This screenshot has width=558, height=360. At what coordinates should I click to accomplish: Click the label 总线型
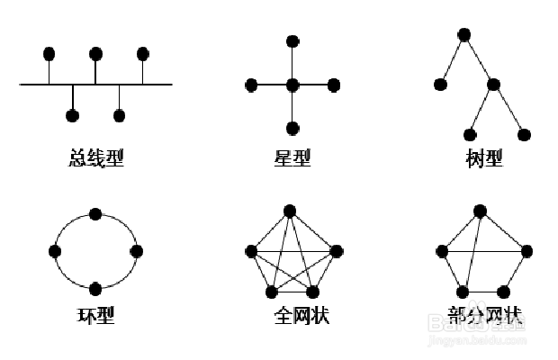click(95, 158)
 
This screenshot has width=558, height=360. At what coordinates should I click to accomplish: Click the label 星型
click(292, 158)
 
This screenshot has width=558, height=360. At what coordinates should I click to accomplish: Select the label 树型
click(484, 158)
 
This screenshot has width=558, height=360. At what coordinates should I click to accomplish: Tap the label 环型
click(96, 316)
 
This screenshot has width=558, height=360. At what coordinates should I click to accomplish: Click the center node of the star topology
click(292, 85)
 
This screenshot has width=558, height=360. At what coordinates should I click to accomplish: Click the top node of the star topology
click(292, 41)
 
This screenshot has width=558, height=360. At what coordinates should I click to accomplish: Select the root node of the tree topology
click(464, 34)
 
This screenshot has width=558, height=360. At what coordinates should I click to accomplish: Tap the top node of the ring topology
click(95, 213)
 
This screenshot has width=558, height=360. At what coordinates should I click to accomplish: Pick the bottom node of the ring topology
click(95, 288)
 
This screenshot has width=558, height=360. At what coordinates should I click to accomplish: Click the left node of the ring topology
click(56, 251)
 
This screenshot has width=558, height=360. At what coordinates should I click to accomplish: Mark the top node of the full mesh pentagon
click(289, 211)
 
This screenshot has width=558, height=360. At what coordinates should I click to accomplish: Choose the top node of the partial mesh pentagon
click(481, 211)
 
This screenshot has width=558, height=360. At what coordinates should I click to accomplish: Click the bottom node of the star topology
click(292, 128)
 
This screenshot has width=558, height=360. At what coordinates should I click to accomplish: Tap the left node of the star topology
click(251, 85)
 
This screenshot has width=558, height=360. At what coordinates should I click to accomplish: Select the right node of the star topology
click(334, 85)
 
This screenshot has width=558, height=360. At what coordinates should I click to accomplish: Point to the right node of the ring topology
click(136, 251)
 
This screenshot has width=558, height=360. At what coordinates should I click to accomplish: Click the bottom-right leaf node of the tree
click(525, 135)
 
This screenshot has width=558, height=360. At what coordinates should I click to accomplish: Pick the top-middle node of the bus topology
click(95, 53)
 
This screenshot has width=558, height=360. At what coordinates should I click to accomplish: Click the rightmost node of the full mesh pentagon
click(337, 251)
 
